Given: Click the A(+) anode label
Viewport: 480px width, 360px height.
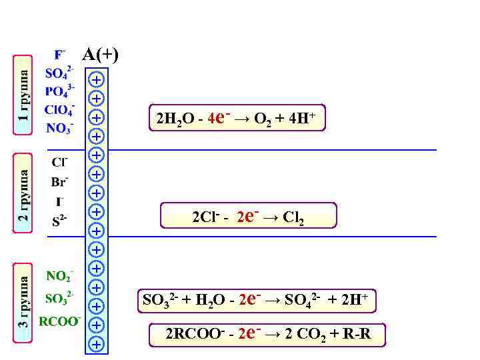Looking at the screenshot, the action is (x=100, y=55).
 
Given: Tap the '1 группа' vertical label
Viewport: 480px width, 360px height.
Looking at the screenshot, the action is (x=23, y=94).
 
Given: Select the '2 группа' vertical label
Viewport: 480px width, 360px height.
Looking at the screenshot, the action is (x=23, y=194).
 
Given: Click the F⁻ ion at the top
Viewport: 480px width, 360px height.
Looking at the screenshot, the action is (x=59, y=53).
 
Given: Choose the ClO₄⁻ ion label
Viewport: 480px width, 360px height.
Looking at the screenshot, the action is (x=59, y=109).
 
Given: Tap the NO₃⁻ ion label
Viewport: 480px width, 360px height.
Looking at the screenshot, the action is (x=59, y=128).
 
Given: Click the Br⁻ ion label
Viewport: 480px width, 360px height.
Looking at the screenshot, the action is (x=59, y=181).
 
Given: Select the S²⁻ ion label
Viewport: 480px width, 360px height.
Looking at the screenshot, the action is (x=59, y=221).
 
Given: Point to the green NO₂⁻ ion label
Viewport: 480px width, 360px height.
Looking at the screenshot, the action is (x=59, y=275).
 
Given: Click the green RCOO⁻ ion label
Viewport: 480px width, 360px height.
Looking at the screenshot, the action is (x=59, y=321).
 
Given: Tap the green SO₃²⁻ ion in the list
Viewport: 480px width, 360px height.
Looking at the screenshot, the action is (x=59, y=298).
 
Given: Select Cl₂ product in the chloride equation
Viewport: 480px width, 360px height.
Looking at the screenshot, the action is (x=294, y=217).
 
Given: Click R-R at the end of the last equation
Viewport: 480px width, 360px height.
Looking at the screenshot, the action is (x=357, y=334).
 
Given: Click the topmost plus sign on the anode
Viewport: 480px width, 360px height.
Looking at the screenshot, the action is (x=97, y=79).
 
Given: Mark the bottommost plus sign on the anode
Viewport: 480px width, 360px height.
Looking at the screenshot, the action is (x=97, y=344).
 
